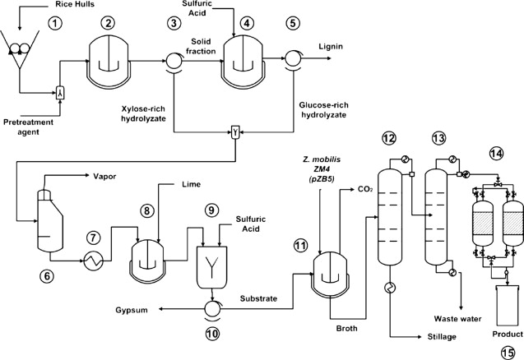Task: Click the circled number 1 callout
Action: pyautogui.click(x=55, y=24)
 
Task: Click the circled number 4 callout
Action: pyautogui.click(x=246, y=25)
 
